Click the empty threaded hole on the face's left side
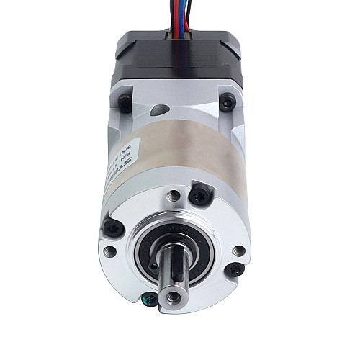(x=109, y=251)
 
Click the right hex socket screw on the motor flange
(x=228, y=104)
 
